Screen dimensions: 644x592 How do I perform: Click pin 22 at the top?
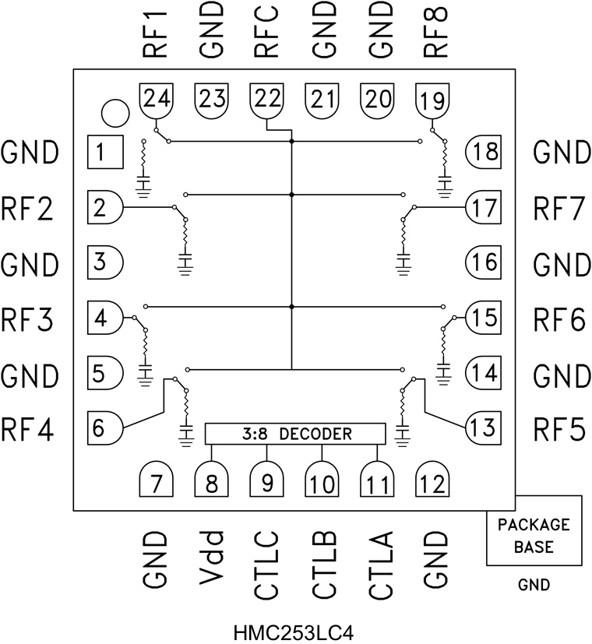point(266,100)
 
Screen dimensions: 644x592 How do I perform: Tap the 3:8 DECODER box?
point(294,434)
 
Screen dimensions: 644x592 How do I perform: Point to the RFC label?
point(266,30)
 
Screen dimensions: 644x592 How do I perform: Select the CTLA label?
point(380,564)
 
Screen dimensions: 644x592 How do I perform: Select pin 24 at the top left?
point(156,100)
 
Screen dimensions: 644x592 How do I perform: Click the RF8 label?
point(435,30)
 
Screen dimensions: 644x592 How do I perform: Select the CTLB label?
point(323,564)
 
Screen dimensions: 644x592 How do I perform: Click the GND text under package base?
point(534,584)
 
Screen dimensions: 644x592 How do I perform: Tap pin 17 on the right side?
point(484,208)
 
